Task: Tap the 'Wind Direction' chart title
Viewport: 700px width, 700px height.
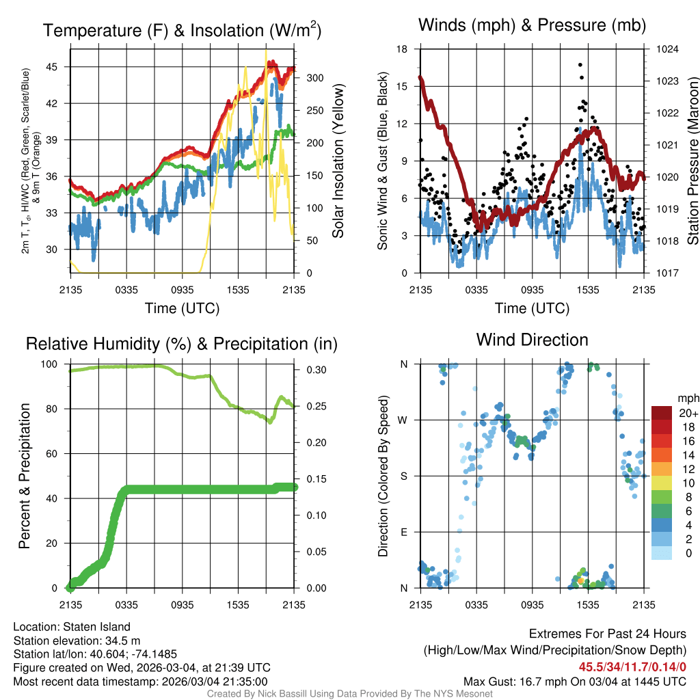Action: [x=532, y=339]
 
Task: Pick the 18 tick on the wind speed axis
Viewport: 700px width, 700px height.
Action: [x=402, y=49]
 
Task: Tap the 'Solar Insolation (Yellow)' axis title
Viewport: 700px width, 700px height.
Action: [x=338, y=161]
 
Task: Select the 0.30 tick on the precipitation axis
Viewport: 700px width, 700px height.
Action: [x=312, y=370]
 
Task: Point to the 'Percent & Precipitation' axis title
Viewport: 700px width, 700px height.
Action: [x=23, y=476]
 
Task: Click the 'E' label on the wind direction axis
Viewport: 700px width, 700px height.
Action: [x=403, y=532]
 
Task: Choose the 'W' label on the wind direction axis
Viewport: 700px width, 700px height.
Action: [x=403, y=420]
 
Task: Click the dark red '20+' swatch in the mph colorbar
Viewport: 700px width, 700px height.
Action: [x=662, y=413]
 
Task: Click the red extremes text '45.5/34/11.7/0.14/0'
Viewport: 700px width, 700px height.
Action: [x=633, y=667]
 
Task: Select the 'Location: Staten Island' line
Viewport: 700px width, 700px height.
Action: [x=72, y=626]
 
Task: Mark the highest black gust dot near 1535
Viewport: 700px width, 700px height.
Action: [x=580, y=65]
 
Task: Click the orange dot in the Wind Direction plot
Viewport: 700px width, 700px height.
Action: [x=580, y=580]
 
